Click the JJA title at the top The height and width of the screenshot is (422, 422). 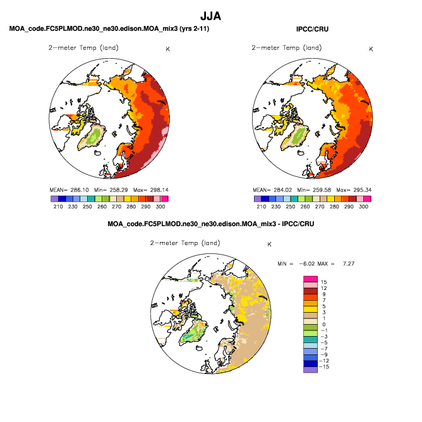[211, 16]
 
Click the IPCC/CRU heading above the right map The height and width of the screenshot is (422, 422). [312, 29]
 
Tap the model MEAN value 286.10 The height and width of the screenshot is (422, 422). [80, 190]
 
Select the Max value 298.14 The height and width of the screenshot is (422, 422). [159, 190]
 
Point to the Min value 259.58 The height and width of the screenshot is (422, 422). [322, 190]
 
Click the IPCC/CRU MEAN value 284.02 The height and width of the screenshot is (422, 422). [283, 190]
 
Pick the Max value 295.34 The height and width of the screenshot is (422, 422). [363, 190]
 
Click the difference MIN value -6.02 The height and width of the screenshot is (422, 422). [307, 264]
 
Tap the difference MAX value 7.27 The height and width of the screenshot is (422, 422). [349, 264]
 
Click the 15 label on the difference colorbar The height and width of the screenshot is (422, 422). [324, 282]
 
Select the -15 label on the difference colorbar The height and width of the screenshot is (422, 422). [324, 366]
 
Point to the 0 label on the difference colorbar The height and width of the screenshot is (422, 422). [324, 324]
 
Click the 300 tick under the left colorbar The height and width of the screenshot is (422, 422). [160, 207]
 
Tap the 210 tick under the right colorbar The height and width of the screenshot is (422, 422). [262, 207]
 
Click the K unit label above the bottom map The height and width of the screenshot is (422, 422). [269, 244]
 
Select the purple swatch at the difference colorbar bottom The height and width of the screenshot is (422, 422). [310, 370]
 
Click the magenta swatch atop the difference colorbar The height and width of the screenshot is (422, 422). [310, 279]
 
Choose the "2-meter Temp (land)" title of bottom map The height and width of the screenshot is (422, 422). [185, 243]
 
